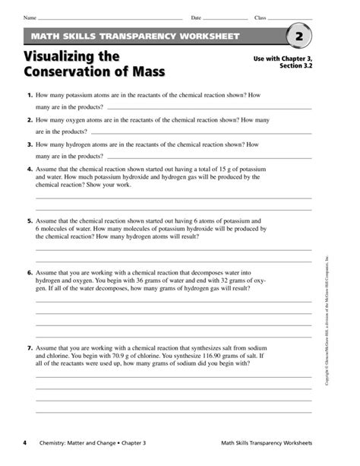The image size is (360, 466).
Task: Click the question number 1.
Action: [29, 97]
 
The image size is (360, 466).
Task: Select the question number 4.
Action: [29, 170]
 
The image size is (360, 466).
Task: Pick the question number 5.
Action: [29, 217]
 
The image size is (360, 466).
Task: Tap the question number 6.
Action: [29, 272]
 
